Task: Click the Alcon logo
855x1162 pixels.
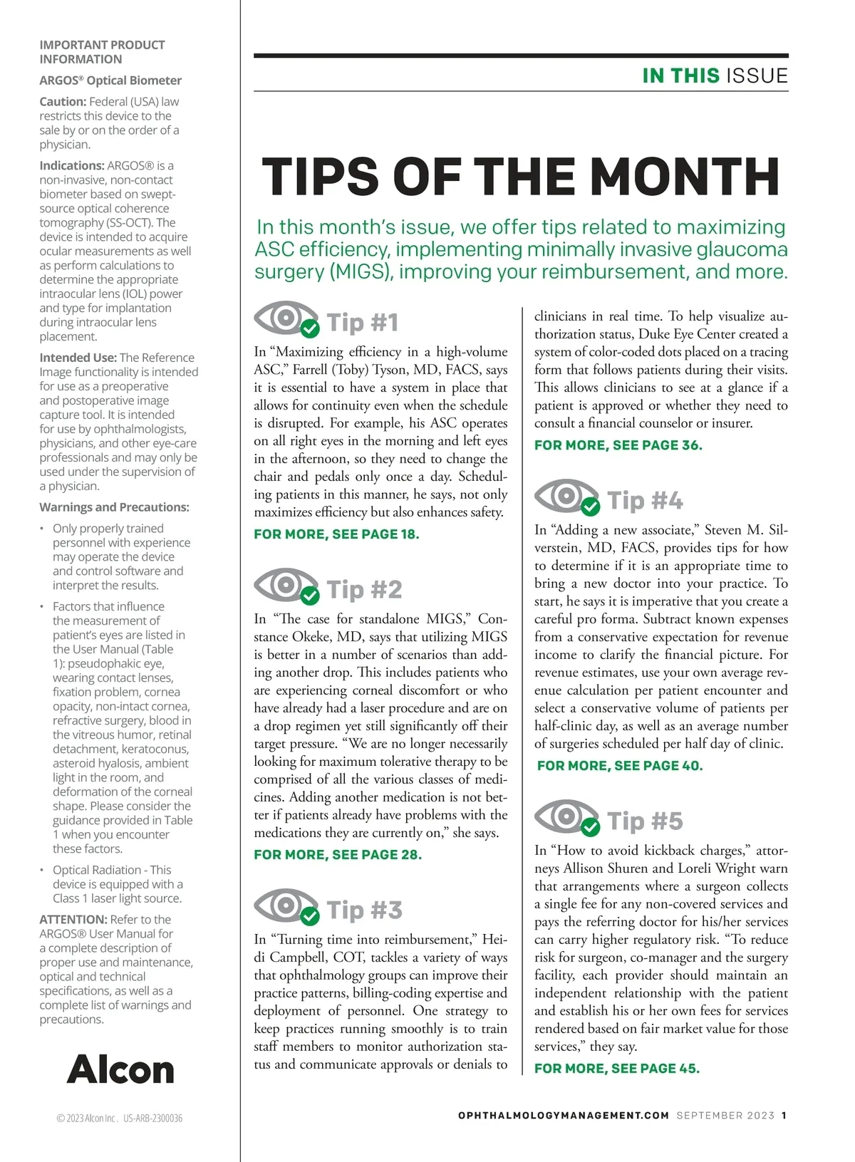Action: (120, 1069)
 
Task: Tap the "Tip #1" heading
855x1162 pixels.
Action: (363, 323)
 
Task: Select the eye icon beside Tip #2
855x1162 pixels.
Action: (283, 585)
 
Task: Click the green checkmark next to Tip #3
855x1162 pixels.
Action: (310, 915)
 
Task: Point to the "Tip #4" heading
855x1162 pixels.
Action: (645, 501)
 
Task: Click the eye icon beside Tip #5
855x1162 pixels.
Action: (564, 816)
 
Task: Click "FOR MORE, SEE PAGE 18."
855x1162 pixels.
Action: (336, 534)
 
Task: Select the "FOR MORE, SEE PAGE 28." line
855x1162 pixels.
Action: (338, 855)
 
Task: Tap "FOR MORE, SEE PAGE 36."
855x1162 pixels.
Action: (618, 445)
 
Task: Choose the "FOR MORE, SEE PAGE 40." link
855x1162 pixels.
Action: (620, 766)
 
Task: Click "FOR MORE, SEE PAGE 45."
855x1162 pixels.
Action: (617, 1069)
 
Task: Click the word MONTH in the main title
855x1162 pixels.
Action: (685, 177)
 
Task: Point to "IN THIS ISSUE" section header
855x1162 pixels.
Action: (715, 76)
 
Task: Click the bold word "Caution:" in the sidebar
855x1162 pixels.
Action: (63, 102)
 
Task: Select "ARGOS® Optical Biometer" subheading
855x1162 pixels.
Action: (110, 81)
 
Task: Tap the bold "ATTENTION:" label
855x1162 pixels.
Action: (73, 920)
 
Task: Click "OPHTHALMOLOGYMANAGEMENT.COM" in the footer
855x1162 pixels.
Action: (564, 1116)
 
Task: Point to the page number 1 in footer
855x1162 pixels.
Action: (784, 1116)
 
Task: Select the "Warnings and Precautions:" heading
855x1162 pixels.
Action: (114, 507)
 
